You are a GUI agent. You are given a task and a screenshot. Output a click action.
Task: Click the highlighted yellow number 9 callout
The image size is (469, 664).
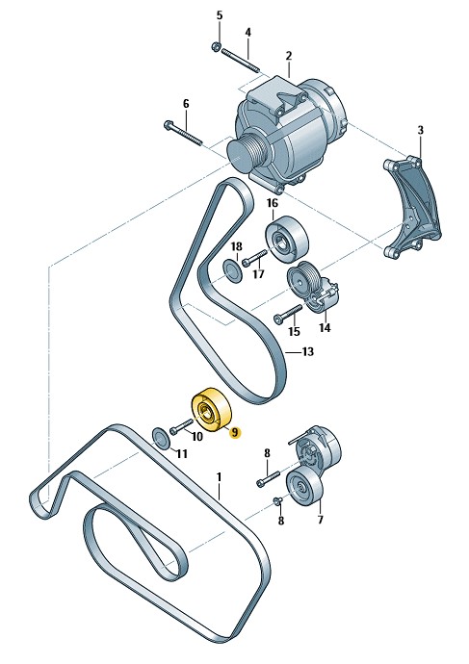pyautogui.click(x=235, y=432)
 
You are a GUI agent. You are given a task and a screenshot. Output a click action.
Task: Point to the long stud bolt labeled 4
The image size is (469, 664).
pyautogui.click(x=240, y=61)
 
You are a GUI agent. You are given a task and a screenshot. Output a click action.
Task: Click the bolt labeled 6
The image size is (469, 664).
pyautogui.click(x=183, y=133)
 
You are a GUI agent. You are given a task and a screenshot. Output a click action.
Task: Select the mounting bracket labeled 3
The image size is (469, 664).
pyautogui.click(x=411, y=207)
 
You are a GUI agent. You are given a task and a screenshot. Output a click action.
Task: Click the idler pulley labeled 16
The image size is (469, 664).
pyautogui.click(x=287, y=239)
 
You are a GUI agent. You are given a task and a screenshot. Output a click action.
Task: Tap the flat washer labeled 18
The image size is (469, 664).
pyautogui.click(x=232, y=271)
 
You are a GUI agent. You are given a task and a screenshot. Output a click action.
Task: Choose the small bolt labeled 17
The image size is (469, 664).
pyautogui.click(x=254, y=258)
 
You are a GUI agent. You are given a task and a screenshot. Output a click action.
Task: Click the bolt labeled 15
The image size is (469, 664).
pyautogui.click(x=288, y=313)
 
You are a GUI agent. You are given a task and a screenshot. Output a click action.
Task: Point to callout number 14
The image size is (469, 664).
pyautogui.click(x=325, y=327)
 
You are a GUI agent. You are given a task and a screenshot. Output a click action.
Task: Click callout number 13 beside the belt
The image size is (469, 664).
pyautogui.click(x=307, y=351)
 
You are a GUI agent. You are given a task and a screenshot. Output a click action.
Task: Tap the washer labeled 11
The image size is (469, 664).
pyautogui.click(x=162, y=439)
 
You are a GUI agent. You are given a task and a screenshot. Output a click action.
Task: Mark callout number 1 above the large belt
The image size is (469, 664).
pyautogui.click(x=219, y=476)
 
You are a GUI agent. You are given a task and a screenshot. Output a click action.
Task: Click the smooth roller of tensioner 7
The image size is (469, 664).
pyautogui.click(x=304, y=487)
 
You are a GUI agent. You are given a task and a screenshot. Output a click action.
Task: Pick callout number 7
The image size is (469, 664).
pyautogui.click(x=320, y=519)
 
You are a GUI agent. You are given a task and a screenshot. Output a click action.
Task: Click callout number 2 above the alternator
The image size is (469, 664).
pyautogui.click(x=289, y=56)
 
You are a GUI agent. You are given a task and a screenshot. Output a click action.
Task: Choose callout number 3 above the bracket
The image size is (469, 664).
pyautogui.click(x=420, y=130)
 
